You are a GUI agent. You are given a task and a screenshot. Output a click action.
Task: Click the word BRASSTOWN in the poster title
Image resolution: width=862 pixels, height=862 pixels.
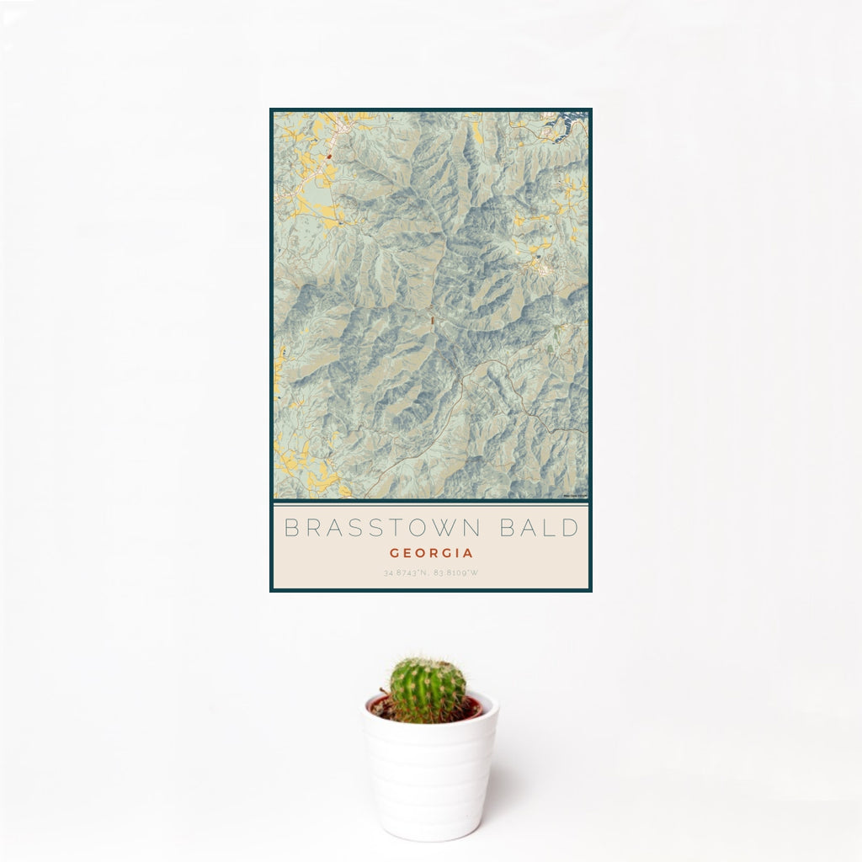(381, 529)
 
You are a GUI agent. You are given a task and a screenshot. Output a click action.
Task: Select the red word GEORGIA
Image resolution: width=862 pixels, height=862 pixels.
(431, 554)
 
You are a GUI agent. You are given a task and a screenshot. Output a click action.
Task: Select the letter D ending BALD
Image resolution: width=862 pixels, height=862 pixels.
(572, 529)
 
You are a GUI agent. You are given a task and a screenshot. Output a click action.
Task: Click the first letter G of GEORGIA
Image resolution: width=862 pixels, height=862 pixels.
(394, 554)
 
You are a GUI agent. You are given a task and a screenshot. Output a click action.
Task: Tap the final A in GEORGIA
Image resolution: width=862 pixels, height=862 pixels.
(468, 554)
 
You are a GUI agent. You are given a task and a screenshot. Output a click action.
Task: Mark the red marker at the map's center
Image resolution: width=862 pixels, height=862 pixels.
(431, 319)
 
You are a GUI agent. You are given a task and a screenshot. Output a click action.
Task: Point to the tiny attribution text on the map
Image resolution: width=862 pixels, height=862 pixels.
(576, 497)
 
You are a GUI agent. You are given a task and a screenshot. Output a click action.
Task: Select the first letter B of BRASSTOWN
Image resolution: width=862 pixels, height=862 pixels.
(291, 529)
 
